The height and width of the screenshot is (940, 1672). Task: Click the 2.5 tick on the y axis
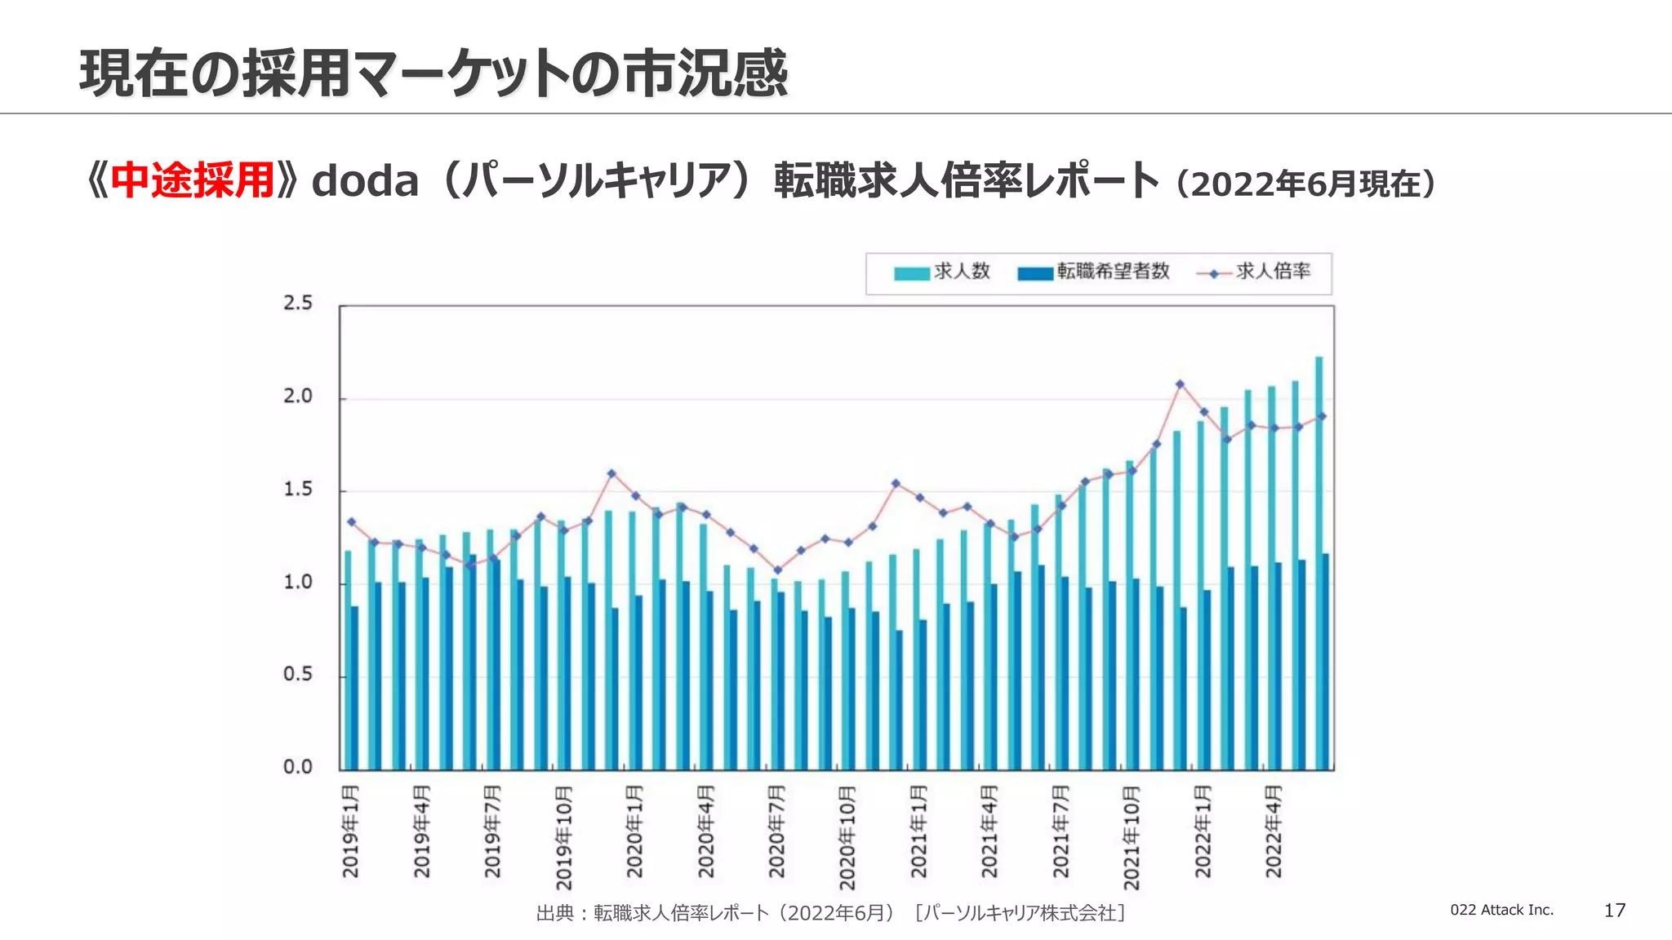(298, 304)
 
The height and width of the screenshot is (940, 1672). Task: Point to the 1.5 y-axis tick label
(298, 490)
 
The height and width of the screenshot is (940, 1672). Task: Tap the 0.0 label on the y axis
(298, 767)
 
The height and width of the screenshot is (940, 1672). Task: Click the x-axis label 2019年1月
(350, 831)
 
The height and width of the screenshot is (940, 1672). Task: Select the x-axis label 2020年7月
(776, 831)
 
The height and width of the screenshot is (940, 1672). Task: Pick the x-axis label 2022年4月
(1274, 831)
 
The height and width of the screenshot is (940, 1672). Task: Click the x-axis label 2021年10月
(1132, 837)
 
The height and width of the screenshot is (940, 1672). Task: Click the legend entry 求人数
(943, 272)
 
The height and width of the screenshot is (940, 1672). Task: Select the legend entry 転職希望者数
(1094, 272)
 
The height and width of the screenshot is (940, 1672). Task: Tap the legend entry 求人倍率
(1254, 272)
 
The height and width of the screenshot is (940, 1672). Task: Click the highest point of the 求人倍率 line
(1180, 384)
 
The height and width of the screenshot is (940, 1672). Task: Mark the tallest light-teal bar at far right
(1318, 563)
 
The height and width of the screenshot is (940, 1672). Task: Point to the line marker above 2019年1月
(352, 521)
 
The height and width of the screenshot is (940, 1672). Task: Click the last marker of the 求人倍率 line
(1322, 417)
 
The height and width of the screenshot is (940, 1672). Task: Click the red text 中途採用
(192, 181)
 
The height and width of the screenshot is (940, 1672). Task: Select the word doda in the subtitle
(365, 181)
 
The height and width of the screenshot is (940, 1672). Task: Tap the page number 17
(1614, 911)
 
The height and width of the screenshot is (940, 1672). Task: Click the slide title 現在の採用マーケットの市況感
(434, 73)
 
